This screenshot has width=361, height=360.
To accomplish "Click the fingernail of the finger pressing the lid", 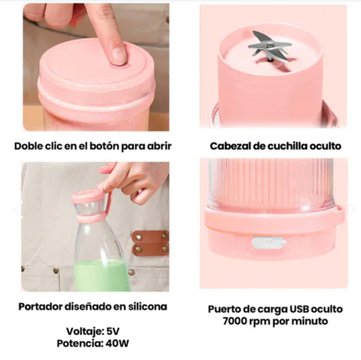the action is point(118,55).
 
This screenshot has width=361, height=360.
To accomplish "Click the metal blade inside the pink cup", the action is point(268,47).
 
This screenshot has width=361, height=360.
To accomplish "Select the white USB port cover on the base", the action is point(269,243).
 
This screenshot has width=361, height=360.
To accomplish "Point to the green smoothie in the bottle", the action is point(101,276).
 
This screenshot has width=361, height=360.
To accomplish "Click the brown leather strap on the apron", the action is point(150,243).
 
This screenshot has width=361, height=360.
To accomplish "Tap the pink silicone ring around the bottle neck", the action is point(90,219).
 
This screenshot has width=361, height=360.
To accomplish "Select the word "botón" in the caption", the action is point(104,146).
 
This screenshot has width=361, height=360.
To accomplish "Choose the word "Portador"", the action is point(41,306).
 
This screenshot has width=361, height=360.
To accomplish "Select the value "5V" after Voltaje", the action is point(113,332).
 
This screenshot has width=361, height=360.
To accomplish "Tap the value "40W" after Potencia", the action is point(117,344).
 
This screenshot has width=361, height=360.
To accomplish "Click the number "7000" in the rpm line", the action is point(234,321).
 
